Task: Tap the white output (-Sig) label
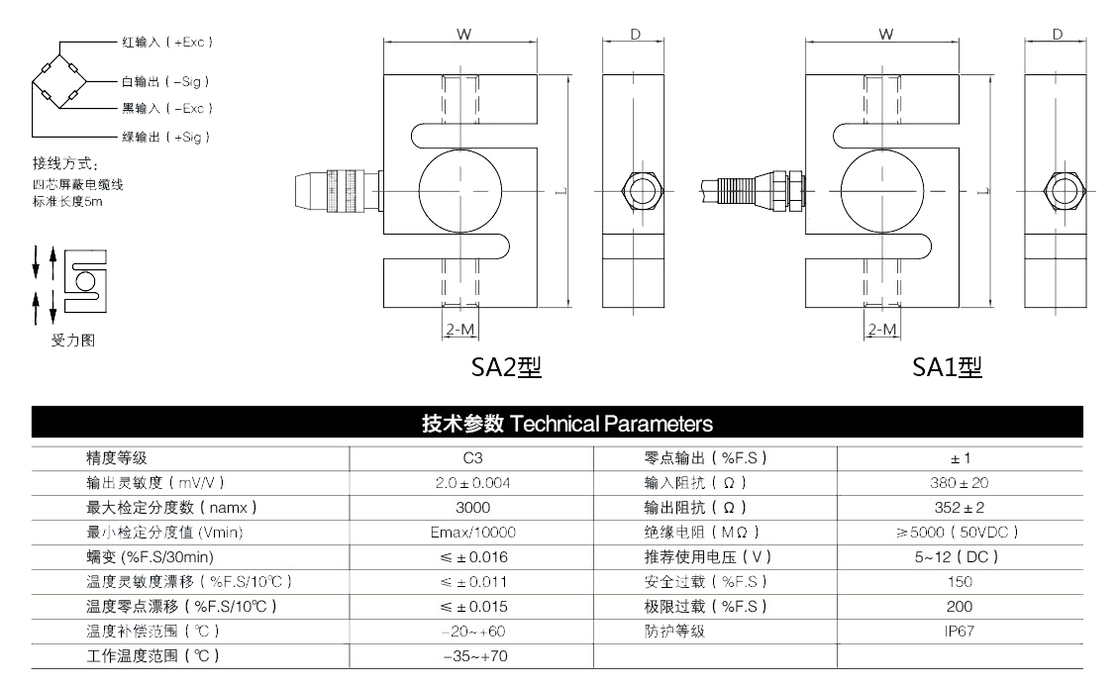pos(165,82)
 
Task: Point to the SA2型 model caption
pos(506,368)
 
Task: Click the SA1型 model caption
pos(948,368)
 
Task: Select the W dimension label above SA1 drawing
pos(885,35)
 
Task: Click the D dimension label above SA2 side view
pos(635,35)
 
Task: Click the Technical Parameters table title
pos(567,425)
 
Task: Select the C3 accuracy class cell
pos(471,458)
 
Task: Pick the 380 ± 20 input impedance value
pos(960,483)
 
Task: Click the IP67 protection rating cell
pos(960,631)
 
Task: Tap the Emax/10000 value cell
pos(471,533)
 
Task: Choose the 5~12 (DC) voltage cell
pos(960,557)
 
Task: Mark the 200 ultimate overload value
pos(960,606)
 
